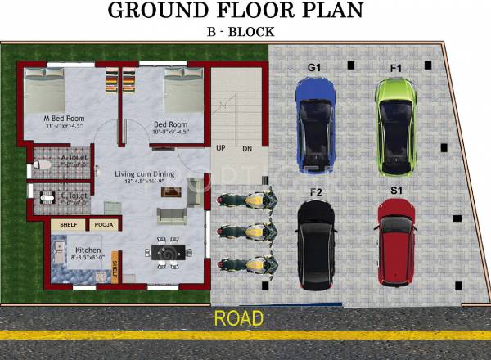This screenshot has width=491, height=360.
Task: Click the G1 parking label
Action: coord(313,66)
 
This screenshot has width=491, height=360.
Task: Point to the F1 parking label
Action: coord(395,66)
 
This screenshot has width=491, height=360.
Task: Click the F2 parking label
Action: coord(315,192)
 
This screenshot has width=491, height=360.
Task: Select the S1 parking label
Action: coord(396,190)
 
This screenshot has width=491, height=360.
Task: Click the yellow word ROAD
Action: coord(239,317)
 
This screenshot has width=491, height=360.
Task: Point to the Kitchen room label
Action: coord(88,250)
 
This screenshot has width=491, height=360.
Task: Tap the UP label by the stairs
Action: coord(221,149)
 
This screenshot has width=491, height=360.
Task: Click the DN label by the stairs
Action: coord(247,149)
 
